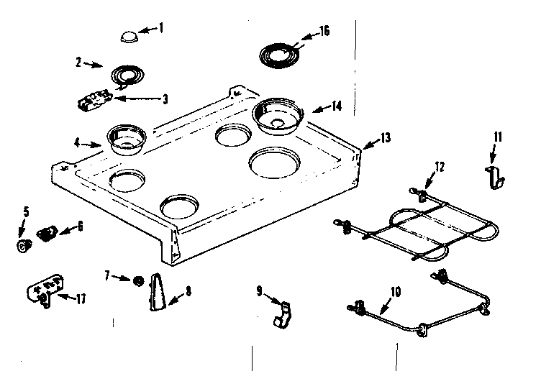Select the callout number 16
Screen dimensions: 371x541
pos(324,31)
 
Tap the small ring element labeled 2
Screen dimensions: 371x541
pos(125,74)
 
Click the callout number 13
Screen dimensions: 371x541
pos(386,137)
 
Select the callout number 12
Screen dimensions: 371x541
pos(440,166)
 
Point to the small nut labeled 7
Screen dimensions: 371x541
pos(137,279)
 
